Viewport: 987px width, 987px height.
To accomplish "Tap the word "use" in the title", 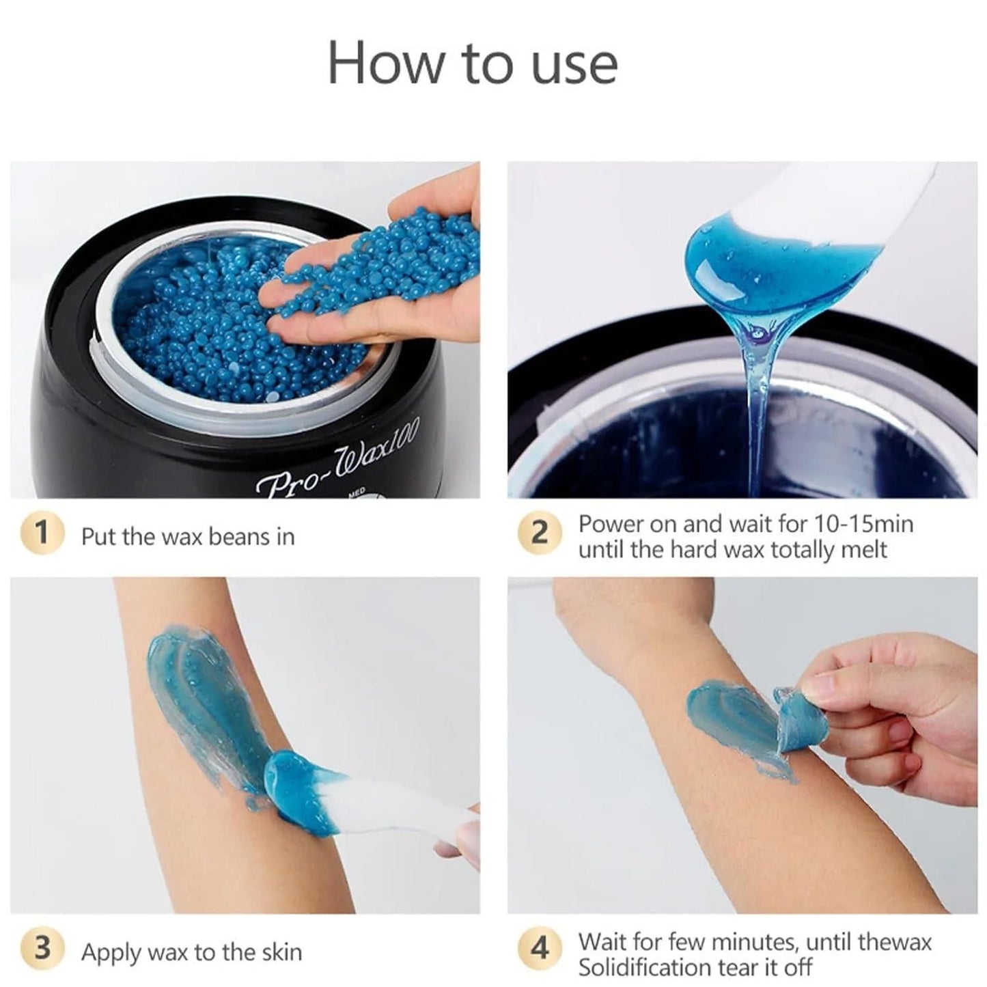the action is [574, 69].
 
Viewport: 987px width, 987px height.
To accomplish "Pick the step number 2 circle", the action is [540, 533].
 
